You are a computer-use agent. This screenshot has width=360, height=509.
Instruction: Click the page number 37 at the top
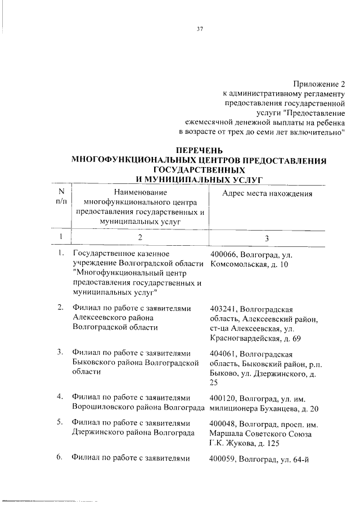point(200,30)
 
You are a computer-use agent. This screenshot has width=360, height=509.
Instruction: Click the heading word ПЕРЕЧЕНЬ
point(200,151)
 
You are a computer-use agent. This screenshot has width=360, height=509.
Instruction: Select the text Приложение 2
point(318,84)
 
